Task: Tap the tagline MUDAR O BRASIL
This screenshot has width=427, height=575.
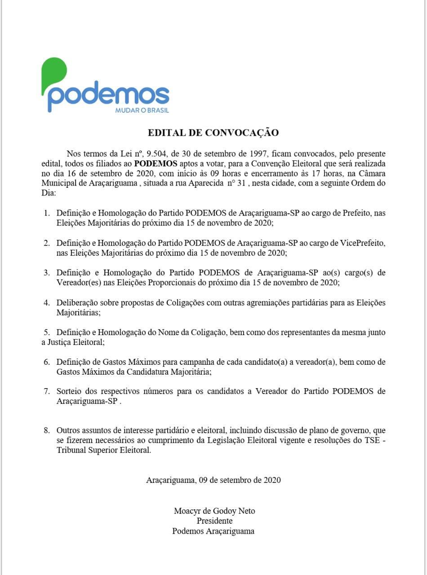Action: (x=142, y=110)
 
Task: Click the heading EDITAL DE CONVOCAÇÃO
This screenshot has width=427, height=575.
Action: (x=213, y=133)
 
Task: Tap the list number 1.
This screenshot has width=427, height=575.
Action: (x=46, y=213)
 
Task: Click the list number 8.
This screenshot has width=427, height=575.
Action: (x=46, y=430)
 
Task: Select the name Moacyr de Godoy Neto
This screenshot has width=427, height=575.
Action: (x=214, y=511)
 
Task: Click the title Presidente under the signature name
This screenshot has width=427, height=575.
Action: (x=214, y=521)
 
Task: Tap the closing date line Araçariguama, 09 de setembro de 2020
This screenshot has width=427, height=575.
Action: (x=213, y=480)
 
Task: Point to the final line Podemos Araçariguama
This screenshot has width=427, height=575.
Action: (x=213, y=531)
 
